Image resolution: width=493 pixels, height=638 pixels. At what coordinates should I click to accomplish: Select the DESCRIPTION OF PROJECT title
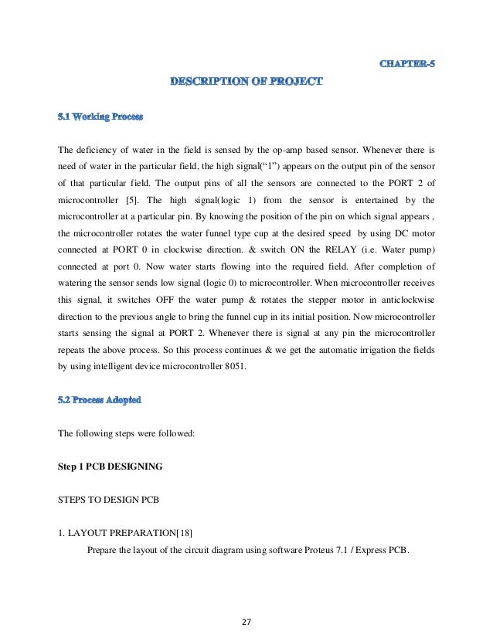[246, 80]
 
